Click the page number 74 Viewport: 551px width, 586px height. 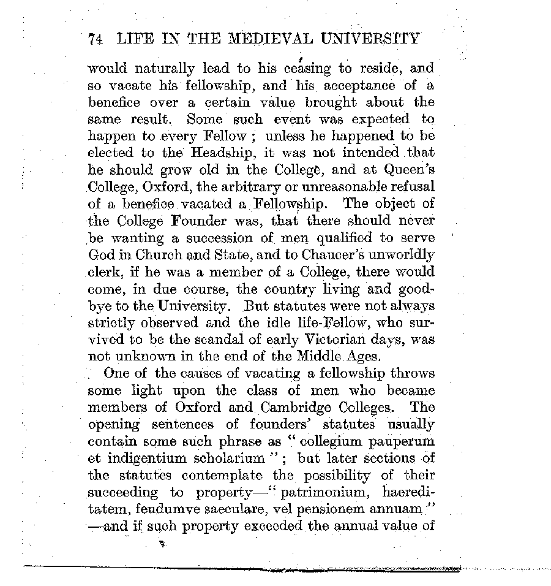(x=95, y=39)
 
